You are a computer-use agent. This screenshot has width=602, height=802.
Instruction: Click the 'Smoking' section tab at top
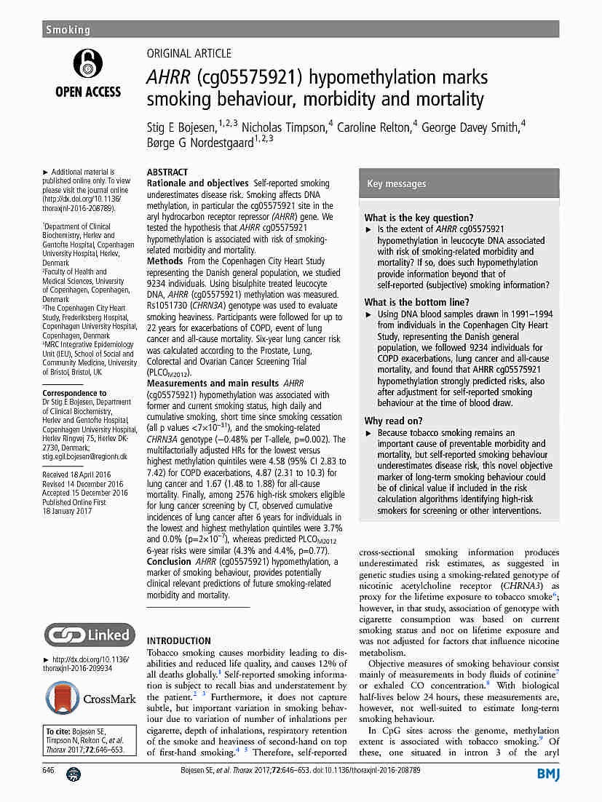pos(68,30)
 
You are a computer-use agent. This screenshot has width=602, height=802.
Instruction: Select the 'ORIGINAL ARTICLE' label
pos(189,53)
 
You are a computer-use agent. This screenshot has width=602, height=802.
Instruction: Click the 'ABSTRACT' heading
pos(167,172)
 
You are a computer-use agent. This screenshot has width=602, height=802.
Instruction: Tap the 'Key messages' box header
pos(397,184)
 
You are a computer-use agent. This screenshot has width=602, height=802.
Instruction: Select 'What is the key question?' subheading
pos(419,218)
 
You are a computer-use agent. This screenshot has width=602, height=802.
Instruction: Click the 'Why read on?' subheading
pos(393,421)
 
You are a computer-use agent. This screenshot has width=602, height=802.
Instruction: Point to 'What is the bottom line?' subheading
pos(417,303)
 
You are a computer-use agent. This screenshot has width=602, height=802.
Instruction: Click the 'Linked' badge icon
pos(90,635)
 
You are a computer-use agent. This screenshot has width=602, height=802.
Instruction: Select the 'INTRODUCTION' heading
pos(179,641)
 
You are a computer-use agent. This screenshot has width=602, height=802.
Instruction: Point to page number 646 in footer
pos(49,770)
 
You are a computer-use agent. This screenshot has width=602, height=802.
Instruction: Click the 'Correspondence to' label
pos(74,393)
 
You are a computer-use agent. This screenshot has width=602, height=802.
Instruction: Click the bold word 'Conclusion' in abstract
pos(169,561)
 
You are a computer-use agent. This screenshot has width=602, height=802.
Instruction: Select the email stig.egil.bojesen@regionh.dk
pos(84,457)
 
